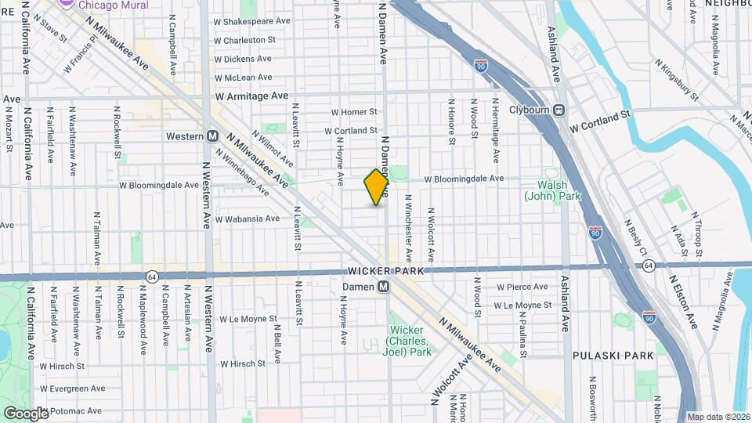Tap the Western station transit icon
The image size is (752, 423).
coord(212,136)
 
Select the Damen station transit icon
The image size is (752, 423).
coord(384,287)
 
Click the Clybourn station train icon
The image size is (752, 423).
coord(559,110)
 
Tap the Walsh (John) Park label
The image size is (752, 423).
coord(552,190)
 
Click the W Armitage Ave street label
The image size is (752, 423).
coord(251,96)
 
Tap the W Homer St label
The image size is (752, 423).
coord(353,113)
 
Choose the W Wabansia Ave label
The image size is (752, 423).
coord(248,219)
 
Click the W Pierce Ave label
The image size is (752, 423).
coord(521,287)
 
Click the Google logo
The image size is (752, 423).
coord(26,413)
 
